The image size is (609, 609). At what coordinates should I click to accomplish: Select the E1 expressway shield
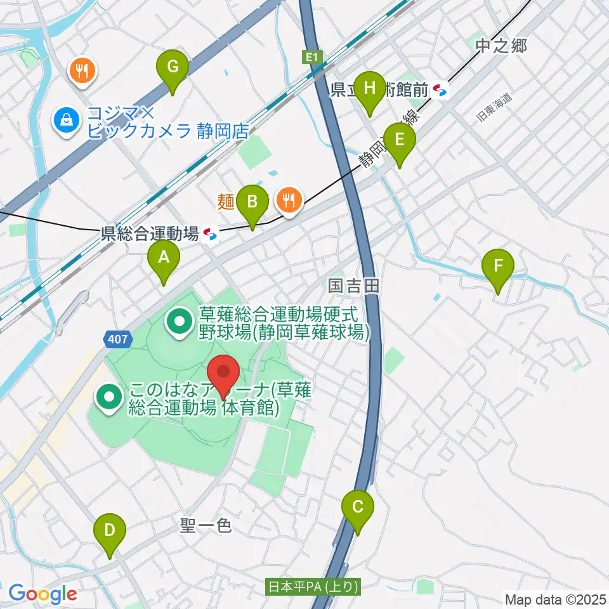click(310, 58)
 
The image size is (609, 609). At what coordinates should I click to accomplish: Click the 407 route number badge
click(118, 339)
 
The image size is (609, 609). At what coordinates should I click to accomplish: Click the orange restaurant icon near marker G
click(82, 70)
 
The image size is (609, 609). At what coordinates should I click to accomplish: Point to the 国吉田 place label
click(353, 286)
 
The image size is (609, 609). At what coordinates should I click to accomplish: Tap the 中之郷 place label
click(501, 46)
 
